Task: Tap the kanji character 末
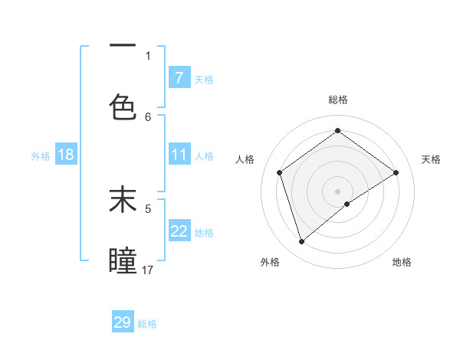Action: coord(123,200)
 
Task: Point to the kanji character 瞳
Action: coord(123,261)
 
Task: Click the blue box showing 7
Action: coord(179,78)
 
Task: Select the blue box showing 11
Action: coord(179,155)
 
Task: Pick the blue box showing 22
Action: coord(179,231)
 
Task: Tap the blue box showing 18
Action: coord(66,155)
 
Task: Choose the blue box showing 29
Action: coord(123,322)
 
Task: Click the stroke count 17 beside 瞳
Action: coord(148,270)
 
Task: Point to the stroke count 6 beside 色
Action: coord(148,116)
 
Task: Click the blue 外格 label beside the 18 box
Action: coord(41,155)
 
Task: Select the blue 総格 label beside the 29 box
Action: coord(147,323)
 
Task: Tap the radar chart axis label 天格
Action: coord(431,159)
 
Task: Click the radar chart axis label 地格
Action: coord(402,262)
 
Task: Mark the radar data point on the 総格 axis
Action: coord(337,131)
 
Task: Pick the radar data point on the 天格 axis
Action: coord(396,172)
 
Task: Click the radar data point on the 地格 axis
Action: coord(347,204)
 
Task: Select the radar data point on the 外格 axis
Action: coord(301,242)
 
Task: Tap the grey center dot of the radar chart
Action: coord(337,191)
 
